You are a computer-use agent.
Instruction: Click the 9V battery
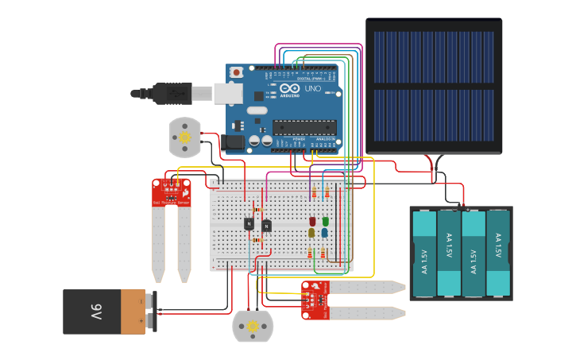[105, 311]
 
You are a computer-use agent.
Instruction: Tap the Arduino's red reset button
[236, 72]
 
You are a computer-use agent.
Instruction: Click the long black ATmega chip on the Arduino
[305, 126]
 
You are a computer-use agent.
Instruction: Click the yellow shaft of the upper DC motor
[184, 137]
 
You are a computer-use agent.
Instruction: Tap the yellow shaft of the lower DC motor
[253, 326]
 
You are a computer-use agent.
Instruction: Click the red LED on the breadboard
[312, 222]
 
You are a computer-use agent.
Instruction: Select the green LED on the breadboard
[325, 222]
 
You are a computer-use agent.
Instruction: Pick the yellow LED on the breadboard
[312, 233]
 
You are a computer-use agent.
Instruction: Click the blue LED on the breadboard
[325, 233]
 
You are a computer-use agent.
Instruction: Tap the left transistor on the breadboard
[249, 224]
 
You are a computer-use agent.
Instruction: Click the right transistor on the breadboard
[267, 226]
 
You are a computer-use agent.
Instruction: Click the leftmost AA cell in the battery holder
[425, 252]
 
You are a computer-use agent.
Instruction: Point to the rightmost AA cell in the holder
[498, 252]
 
